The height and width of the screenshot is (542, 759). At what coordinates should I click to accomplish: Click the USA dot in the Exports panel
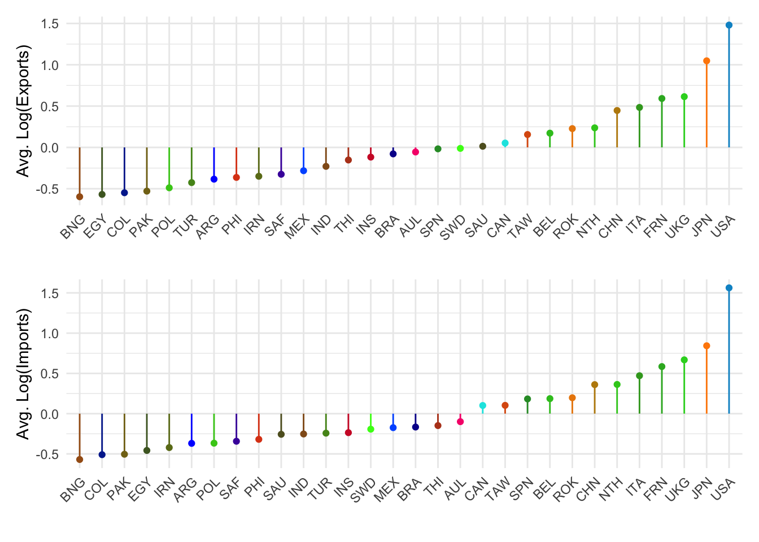tap(729, 25)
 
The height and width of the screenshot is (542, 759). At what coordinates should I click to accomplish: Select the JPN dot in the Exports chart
tap(706, 61)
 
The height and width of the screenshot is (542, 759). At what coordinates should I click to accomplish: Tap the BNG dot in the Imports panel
tap(80, 460)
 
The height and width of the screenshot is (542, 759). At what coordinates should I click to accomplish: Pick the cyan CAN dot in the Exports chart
tap(505, 143)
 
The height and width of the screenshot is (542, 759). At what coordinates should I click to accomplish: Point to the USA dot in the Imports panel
tap(729, 288)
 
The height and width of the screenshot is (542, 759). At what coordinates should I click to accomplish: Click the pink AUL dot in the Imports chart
tap(460, 422)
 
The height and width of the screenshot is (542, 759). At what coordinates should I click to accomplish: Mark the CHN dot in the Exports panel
tap(617, 111)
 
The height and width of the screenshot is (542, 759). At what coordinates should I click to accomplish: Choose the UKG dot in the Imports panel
tap(684, 360)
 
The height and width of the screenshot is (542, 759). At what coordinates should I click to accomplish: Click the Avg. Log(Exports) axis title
tap(23, 111)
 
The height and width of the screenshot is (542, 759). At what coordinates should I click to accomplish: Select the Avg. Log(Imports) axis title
tap(23, 374)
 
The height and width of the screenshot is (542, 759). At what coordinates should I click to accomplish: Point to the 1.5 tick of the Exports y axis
tap(50, 24)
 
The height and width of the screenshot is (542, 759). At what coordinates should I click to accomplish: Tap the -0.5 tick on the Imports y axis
tap(48, 454)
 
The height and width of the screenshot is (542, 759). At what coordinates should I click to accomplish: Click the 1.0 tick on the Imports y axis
tap(50, 334)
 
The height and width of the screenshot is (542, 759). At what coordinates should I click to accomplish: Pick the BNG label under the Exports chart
tap(74, 227)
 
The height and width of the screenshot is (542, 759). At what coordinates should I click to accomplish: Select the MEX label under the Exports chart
tap(298, 227)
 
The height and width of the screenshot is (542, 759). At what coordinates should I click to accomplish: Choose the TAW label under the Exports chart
tap(519, 227)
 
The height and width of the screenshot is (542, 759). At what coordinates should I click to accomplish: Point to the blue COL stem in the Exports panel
tap(124, 169)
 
